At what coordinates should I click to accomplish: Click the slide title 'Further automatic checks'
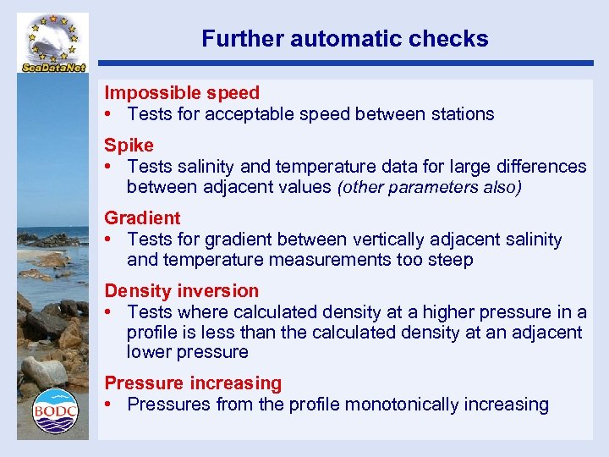point(344,38)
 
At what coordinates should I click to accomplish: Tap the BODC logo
point(55,411)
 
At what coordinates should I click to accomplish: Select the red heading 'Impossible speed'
point(182,92)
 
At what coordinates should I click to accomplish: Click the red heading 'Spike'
point(129,145)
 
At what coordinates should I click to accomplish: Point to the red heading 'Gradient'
point(142,218)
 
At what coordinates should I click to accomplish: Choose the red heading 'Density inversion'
point(182,291)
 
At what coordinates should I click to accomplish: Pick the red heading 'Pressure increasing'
point(193,383)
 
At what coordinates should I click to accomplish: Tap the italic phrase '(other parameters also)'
point(430,188)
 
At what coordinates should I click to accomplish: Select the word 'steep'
point(450,261)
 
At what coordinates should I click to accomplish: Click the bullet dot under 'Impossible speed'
point(110,114)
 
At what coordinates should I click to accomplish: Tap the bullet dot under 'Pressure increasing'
point(110,405)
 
